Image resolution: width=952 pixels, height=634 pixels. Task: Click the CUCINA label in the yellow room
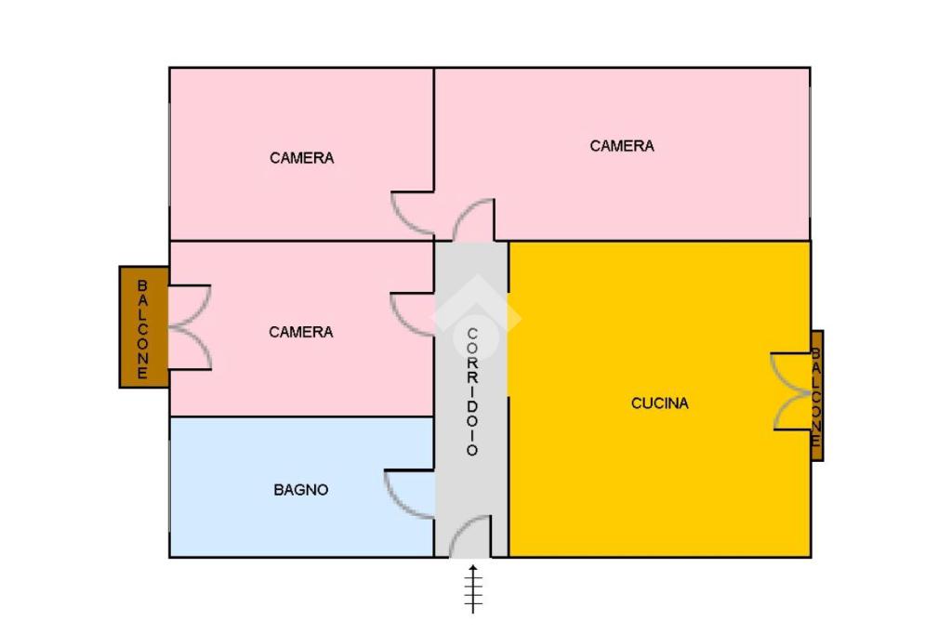pos(660,403)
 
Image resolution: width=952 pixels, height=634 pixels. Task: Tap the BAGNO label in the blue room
pos(300,490)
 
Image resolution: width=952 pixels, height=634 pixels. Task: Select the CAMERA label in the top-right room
pos(622,146)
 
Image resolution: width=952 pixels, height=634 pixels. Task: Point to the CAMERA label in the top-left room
pos(301,158)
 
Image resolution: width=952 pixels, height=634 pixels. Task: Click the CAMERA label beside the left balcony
pos(300,332)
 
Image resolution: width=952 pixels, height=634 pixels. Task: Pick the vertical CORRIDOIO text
pos(472,391)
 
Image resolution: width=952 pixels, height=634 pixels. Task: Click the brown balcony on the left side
pos(143,326)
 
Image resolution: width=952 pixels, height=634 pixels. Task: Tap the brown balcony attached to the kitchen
pos(816,395)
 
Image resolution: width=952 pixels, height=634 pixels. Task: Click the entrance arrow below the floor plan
pos(473,588)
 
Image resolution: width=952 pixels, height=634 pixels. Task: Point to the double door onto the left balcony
pos(191,327)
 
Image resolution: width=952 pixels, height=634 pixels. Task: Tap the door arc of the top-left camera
pos(412,213)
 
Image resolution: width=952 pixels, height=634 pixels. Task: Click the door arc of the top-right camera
pos(474,220)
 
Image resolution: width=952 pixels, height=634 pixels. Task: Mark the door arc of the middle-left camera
pos(412,315)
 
